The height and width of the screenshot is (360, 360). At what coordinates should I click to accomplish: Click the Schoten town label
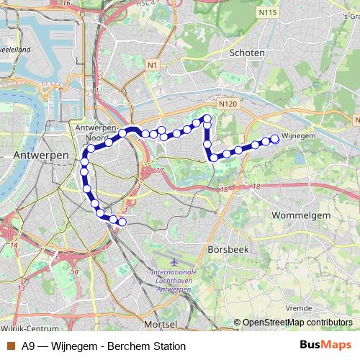(246, 53)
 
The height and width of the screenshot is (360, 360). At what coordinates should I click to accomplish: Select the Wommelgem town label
(301, 215)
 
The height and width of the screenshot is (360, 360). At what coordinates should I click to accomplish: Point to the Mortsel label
(160, 324)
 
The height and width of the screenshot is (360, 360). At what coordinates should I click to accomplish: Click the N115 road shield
(268, 12)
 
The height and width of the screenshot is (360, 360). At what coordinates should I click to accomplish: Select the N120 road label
(228, 104)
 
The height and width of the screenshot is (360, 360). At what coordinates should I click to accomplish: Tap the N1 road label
(152, 65)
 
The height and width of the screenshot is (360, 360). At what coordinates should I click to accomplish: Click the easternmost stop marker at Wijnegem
(274, 139)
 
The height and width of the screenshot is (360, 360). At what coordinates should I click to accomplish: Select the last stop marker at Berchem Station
(122, 222)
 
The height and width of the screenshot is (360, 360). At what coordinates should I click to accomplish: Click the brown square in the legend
(11, 346)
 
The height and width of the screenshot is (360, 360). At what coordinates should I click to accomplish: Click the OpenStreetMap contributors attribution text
(297, 323)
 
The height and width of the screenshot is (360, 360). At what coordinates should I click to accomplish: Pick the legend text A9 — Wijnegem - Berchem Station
(104, 346)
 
